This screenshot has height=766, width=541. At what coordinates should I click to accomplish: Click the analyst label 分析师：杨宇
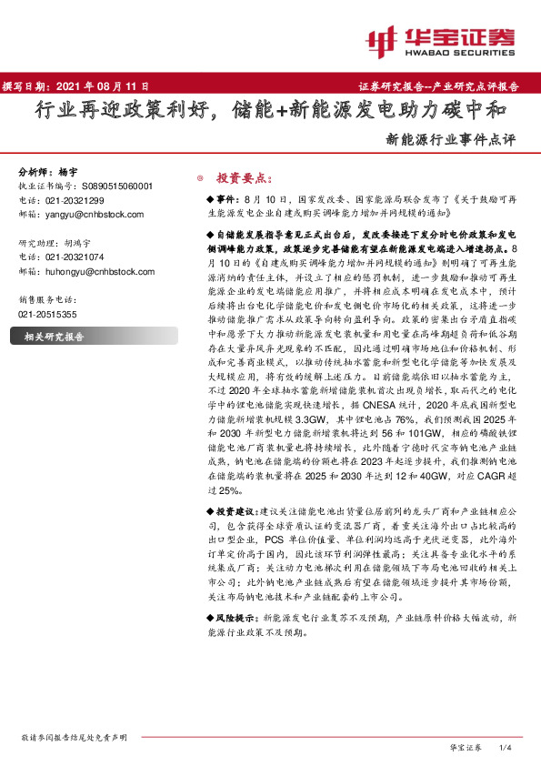pos(45,172)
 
